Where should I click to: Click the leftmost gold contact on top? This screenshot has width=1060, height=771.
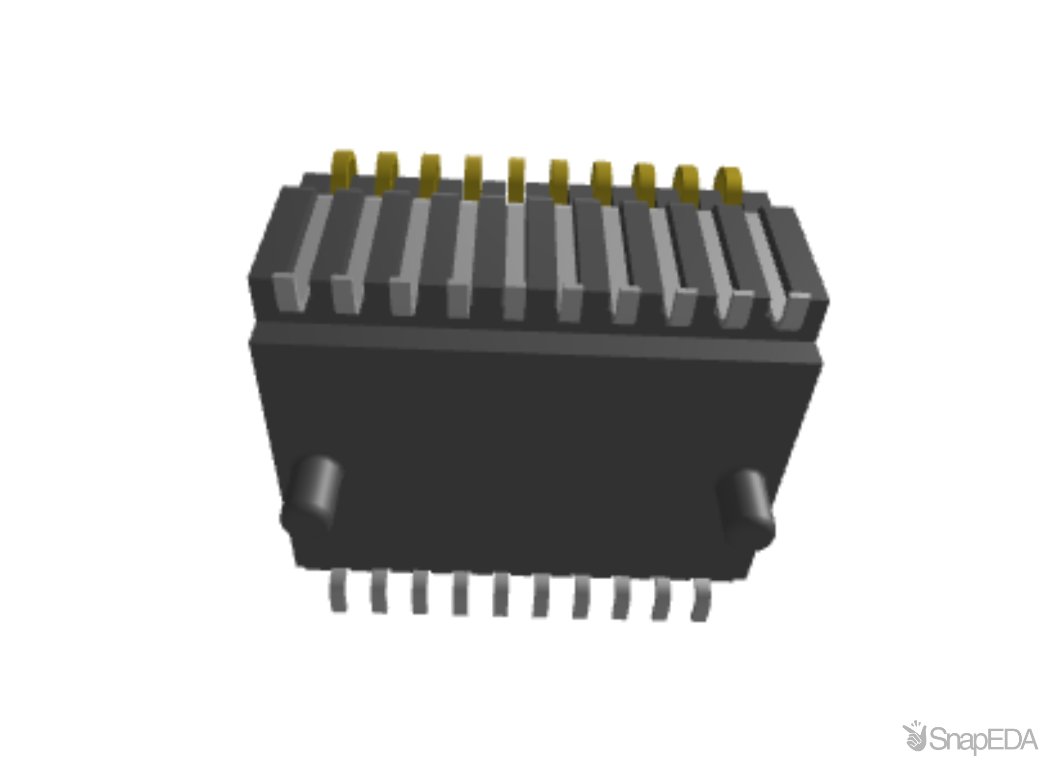[344, 167]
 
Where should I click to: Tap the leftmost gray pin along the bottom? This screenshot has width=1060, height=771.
[339, 591]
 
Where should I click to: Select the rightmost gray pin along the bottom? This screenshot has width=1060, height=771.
[701, 601]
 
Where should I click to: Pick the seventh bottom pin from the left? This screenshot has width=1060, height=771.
[582, 597]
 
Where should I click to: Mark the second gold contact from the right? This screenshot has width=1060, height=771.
[686, 180]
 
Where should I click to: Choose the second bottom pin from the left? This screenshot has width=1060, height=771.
[379, 592]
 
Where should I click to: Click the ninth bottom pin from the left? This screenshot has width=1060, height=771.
[662, 600]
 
